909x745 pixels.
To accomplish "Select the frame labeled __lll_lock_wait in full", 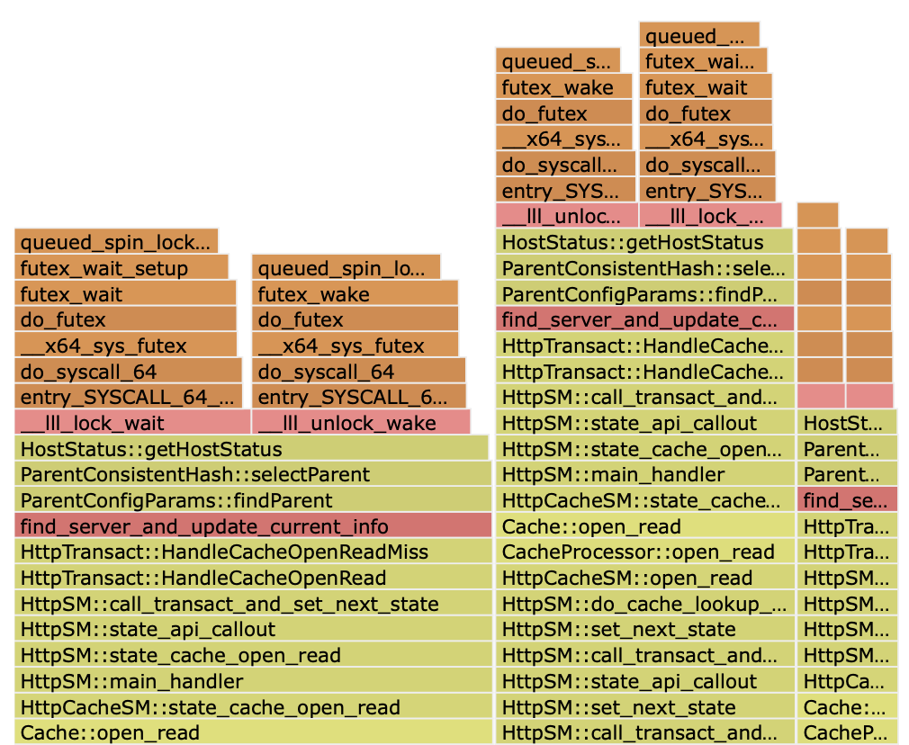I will click(131, 423).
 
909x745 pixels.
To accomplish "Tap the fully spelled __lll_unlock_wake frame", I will click(360, 423).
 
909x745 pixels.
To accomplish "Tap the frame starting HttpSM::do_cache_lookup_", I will click(644, 604).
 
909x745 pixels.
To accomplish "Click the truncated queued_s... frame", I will click(557, 61).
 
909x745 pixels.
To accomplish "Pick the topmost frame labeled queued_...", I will click(699, 36).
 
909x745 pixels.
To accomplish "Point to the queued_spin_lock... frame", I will click(116, 242).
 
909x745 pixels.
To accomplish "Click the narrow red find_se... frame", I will click(847, 500).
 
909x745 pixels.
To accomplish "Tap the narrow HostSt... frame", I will click(847, 423).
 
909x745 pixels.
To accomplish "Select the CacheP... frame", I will click(847, 732).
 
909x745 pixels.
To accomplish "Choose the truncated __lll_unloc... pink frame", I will click(566, 216).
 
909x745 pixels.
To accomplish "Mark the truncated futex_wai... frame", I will click(703, 61).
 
